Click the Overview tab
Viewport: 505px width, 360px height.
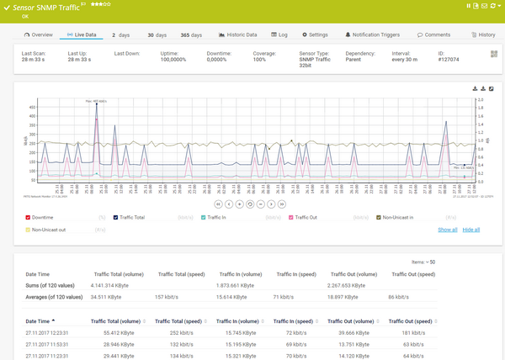tap(39, 34)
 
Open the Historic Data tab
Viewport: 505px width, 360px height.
tap(238, 34)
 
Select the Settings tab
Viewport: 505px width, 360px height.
tap(315, 34)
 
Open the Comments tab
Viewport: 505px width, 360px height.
tap(433, 34)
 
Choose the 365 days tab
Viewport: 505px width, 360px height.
tap(191, 34)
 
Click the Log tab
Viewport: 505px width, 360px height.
tap(279, 34)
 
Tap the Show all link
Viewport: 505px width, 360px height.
tap(448, 229)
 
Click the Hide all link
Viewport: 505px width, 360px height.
tap(471, 229)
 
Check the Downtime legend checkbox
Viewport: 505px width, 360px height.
tap(28, 217)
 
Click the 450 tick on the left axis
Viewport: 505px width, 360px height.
tap(34, 108)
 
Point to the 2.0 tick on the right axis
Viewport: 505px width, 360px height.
tap(481, 100)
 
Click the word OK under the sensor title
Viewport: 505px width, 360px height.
tap(25, 16)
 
